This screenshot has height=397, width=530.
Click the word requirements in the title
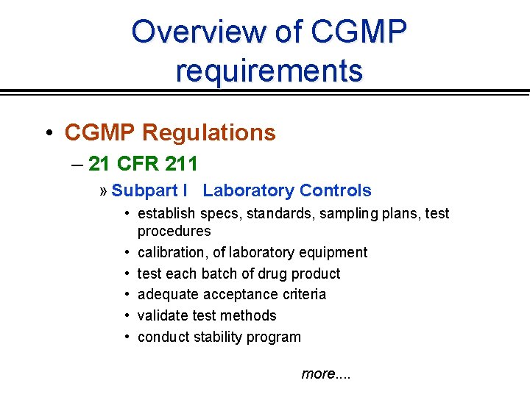[269, 71]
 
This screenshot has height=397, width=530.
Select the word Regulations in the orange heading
[208, 132]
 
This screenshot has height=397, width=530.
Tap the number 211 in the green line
[181, 162]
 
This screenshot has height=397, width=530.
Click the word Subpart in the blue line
[144, 190]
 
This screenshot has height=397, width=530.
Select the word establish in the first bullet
[166, 213]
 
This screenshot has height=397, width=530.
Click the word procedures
[174, 231]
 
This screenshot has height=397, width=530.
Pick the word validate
[164, 315]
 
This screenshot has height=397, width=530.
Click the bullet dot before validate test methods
[127, 315]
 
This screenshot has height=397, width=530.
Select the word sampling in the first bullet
[360, 213]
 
